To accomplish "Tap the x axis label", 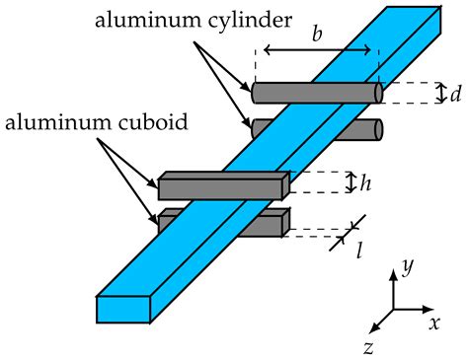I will point(433,323).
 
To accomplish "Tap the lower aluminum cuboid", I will point(262,225).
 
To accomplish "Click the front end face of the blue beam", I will point(122,309).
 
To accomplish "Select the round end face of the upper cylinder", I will point(379,93).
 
